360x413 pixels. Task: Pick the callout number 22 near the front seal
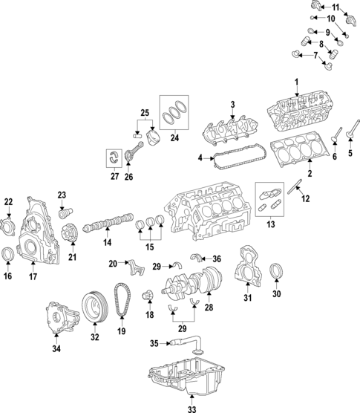tap(8, 201)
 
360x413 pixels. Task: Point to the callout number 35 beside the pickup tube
tap(154, 343)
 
